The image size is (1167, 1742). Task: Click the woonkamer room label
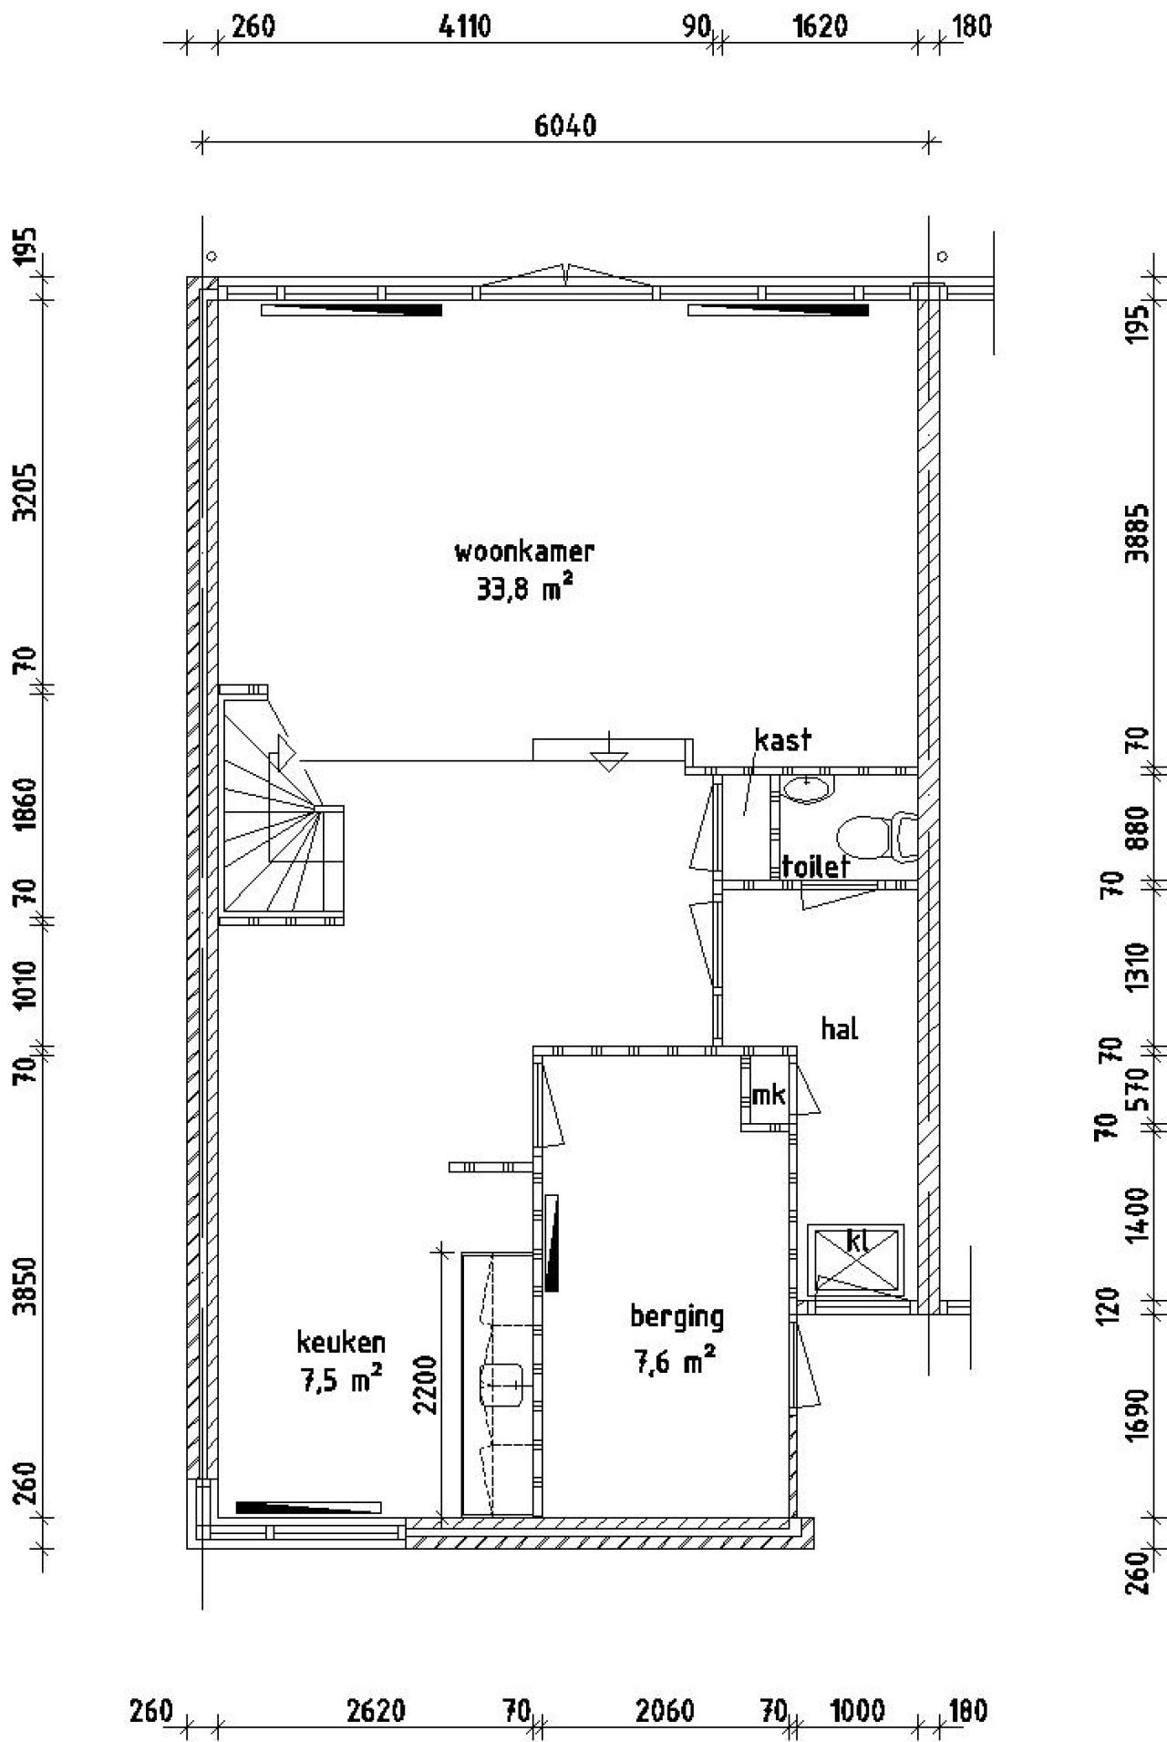tap(524, 551)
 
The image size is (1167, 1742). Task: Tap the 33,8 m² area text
tap(524, 589)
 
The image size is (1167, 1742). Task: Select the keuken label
tap(341, 1342)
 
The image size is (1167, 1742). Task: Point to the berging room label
tap(676, 1317)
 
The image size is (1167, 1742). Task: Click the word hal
tap(840, 1029)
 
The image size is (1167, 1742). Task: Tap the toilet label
tap(816, 866)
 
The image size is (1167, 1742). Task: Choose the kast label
tap(782, 739)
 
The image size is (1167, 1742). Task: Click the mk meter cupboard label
tap(768, 1094)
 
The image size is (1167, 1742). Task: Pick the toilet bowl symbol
tap(876, 838)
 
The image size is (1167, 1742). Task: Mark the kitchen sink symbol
tap(501, 1384)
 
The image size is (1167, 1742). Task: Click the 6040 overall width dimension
tap(565, 125)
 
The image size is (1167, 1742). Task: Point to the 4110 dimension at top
tap(465, 26)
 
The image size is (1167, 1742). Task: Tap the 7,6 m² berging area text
tap(675, 1362)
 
